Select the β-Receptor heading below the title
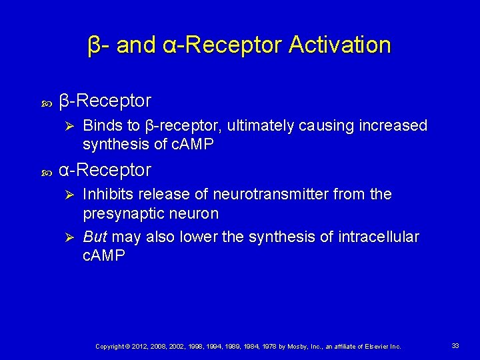click(105, 101)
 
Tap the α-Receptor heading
click(105, 170)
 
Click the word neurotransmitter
click(274, 195)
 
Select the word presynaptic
click(122, 213)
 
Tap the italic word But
click(95, 237)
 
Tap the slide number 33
click(455, 346)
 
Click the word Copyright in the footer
click(110, 347)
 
